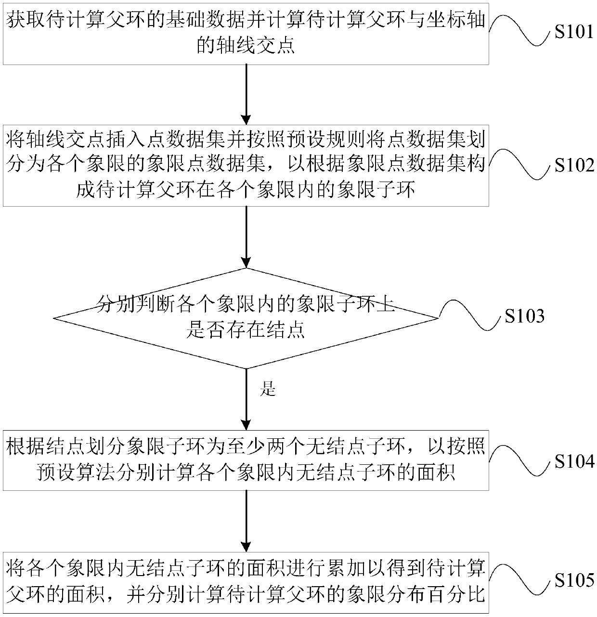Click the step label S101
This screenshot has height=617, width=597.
click(x=574, y=33)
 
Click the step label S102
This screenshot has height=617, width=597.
click(x=574, y=166)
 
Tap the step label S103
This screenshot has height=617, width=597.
click(x=524, y=316)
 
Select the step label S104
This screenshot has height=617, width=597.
click(x=574, y=461)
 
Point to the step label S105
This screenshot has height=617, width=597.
click(x=574, y=580)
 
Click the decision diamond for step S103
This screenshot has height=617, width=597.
click(x=246, y=318)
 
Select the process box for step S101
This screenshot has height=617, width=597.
click(x=246, y=33)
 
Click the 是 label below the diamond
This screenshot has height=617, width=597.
click(x=267, y=389)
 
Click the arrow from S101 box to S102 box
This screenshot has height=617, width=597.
click(x=246, y=94)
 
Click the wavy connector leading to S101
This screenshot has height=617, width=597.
click(x=520, y=30)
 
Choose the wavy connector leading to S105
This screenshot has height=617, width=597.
click(x=520, y=578)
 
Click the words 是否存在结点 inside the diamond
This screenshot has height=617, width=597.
click(x=246, y=331)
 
